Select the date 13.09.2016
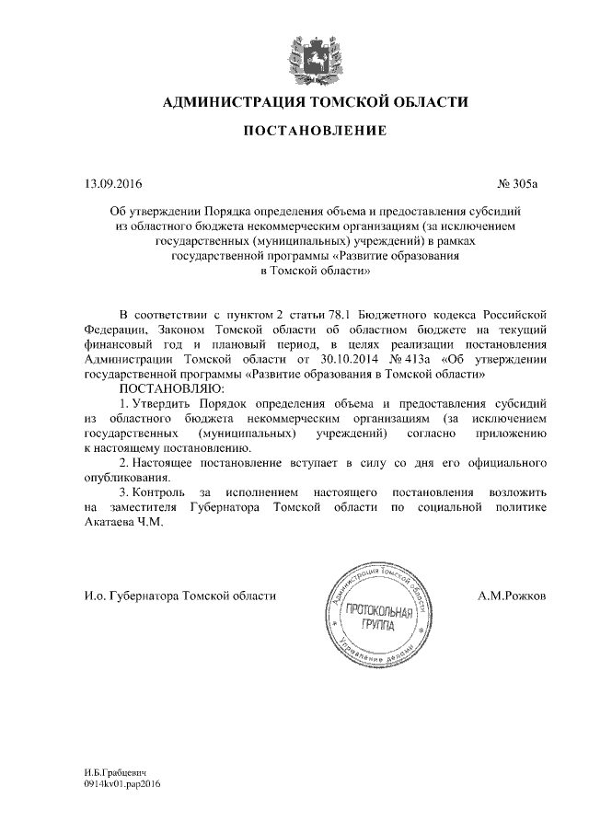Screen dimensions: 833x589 [109, 184]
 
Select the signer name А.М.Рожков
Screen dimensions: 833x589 [513, 596]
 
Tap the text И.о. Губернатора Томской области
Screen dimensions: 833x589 [179, 596]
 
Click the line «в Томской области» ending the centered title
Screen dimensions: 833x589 [316, 272]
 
